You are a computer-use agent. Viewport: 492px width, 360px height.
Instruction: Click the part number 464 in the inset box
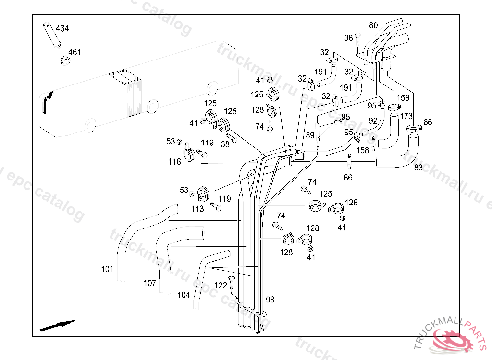point(62,28)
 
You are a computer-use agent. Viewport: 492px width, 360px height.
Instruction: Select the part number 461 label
point(74,52)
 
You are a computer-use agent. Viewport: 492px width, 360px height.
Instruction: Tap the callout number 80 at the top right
point(373,25)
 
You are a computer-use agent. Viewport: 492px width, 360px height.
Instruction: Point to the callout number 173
point(406,116)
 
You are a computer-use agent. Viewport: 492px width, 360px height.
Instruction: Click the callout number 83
point(418,168)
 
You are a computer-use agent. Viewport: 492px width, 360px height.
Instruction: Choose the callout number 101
point(107,269)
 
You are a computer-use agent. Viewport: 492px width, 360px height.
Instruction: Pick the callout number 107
point(150,283)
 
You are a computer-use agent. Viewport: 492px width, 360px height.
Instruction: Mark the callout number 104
point(184,295)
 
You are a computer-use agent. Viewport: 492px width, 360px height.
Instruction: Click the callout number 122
point(221,286)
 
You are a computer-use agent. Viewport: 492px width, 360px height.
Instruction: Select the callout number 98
point(270,300)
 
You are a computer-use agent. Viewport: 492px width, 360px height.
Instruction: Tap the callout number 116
point(174,162)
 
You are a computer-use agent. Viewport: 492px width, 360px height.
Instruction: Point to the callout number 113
point(197,209)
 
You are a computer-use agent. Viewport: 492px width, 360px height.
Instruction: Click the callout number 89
point(310,135)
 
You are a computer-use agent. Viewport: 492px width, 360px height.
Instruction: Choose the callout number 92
point(373,121)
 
